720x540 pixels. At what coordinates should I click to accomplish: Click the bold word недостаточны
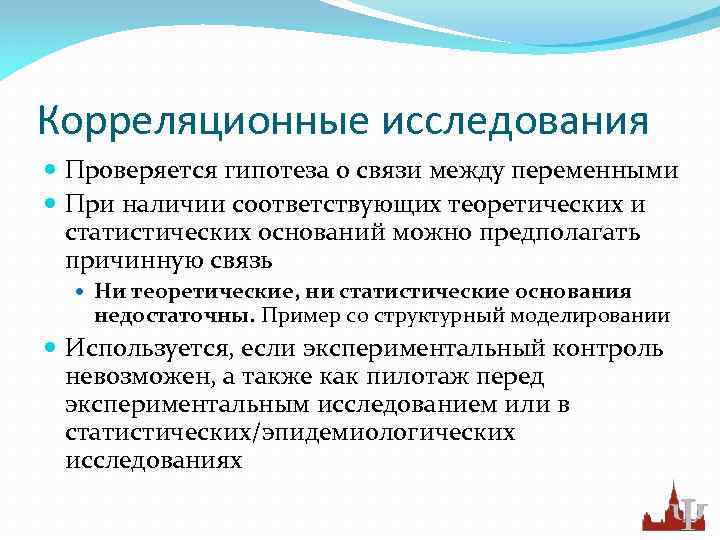(175, 316)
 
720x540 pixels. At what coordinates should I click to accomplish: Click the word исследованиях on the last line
(153, 461)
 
